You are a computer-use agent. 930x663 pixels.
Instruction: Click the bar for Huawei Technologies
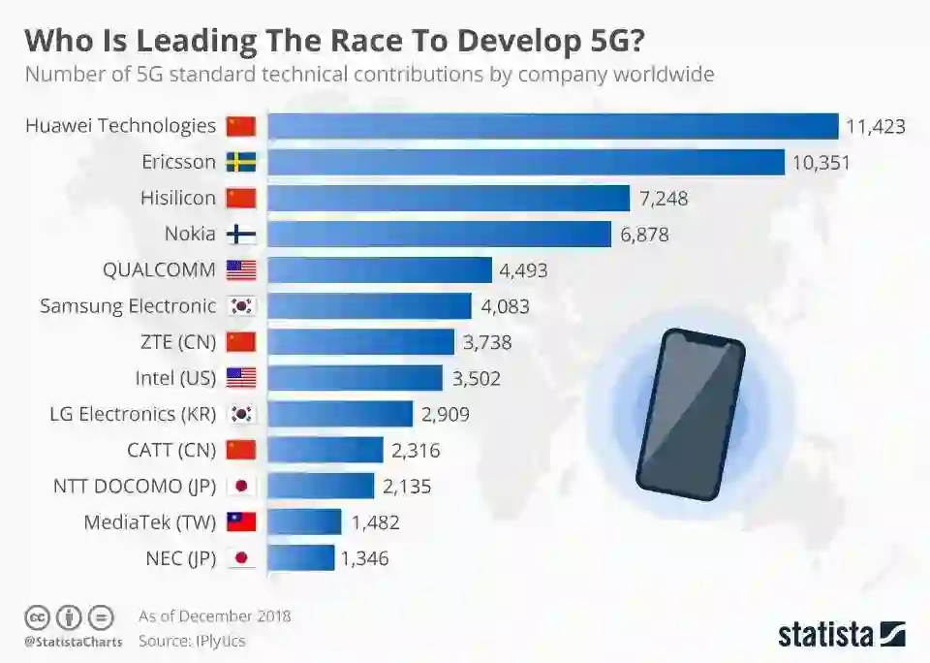point(552,126)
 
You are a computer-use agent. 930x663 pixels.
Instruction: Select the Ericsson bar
point(525,162)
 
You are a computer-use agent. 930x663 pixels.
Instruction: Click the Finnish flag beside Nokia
point(240,234)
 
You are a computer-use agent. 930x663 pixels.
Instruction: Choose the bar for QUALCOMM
point(379,269)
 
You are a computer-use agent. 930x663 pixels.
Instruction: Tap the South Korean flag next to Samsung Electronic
point(240,305)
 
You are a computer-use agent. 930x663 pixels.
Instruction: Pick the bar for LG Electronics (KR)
point(340,414)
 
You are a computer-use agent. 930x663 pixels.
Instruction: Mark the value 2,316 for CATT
point(417,450)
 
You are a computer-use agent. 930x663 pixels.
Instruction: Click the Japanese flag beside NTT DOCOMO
point(240,486)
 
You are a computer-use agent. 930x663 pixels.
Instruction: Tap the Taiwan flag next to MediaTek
point(240,521)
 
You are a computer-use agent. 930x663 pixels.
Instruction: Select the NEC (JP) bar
point(300,557)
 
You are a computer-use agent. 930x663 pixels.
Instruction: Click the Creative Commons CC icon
point(37,616)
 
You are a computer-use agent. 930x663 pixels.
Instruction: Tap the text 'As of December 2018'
point(214,616)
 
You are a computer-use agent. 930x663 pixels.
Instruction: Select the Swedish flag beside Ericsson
point(240,162)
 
